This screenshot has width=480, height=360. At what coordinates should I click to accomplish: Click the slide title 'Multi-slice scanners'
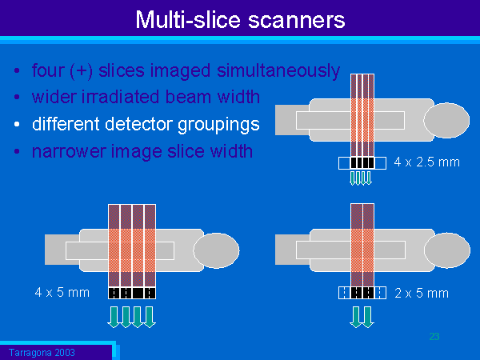click(x=240, y=19)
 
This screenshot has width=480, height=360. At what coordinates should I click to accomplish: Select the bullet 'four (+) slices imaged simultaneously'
click(x=186, y=70)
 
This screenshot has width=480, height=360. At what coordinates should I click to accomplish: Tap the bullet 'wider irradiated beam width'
click(x=146, y=98)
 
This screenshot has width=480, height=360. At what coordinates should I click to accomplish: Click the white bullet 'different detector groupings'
click(x=146, y=125)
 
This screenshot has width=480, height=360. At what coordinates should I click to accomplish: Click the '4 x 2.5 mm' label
click(x=427, y=162)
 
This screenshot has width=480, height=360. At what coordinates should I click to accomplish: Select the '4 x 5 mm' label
click(x=62, y=293)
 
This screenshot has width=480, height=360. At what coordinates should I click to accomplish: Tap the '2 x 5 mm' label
click(x=422, y=293)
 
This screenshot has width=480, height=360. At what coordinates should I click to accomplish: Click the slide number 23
click(x=434, y=336)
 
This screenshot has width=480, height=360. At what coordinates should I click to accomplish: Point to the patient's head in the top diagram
click(x=446, y=121)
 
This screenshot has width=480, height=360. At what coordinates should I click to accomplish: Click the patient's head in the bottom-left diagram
click(x=216, y=251)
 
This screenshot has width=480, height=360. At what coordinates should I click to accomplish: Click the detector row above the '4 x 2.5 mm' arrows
click(x=362, y=162)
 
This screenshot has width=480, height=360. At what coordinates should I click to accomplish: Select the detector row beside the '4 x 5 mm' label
click(x=131, y=293)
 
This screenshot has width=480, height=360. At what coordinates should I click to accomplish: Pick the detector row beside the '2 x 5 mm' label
click(x=362, y=293)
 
